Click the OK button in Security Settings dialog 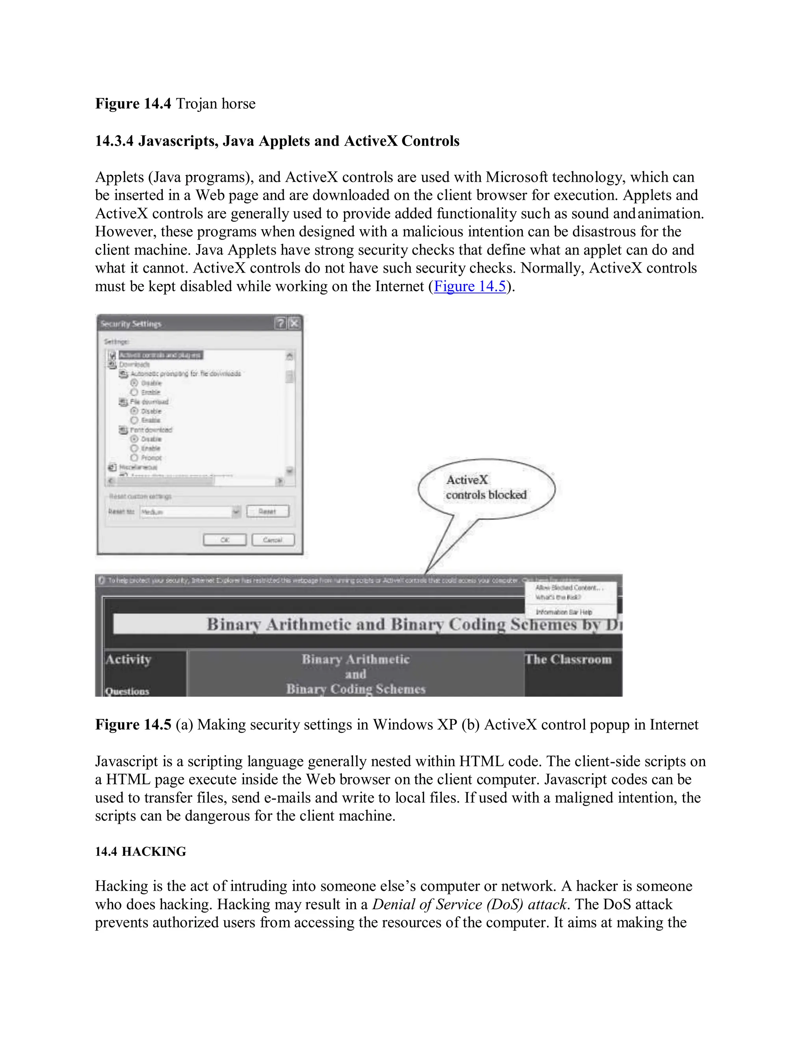click(224, 540)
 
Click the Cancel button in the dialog click(273, 540)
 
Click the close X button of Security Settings click(294, 323)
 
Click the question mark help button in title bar click(281, 323)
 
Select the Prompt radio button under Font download click(134, 457)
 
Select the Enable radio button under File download click(134, 420)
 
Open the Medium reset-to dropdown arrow click(236, 512)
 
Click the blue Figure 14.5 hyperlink click(469, 286)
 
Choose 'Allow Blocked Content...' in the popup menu click(569, 587)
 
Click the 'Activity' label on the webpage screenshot click(128, 659)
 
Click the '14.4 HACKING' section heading click(141, 851)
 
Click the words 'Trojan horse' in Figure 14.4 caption click(216, 104)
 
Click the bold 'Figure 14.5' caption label click(133, 724)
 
